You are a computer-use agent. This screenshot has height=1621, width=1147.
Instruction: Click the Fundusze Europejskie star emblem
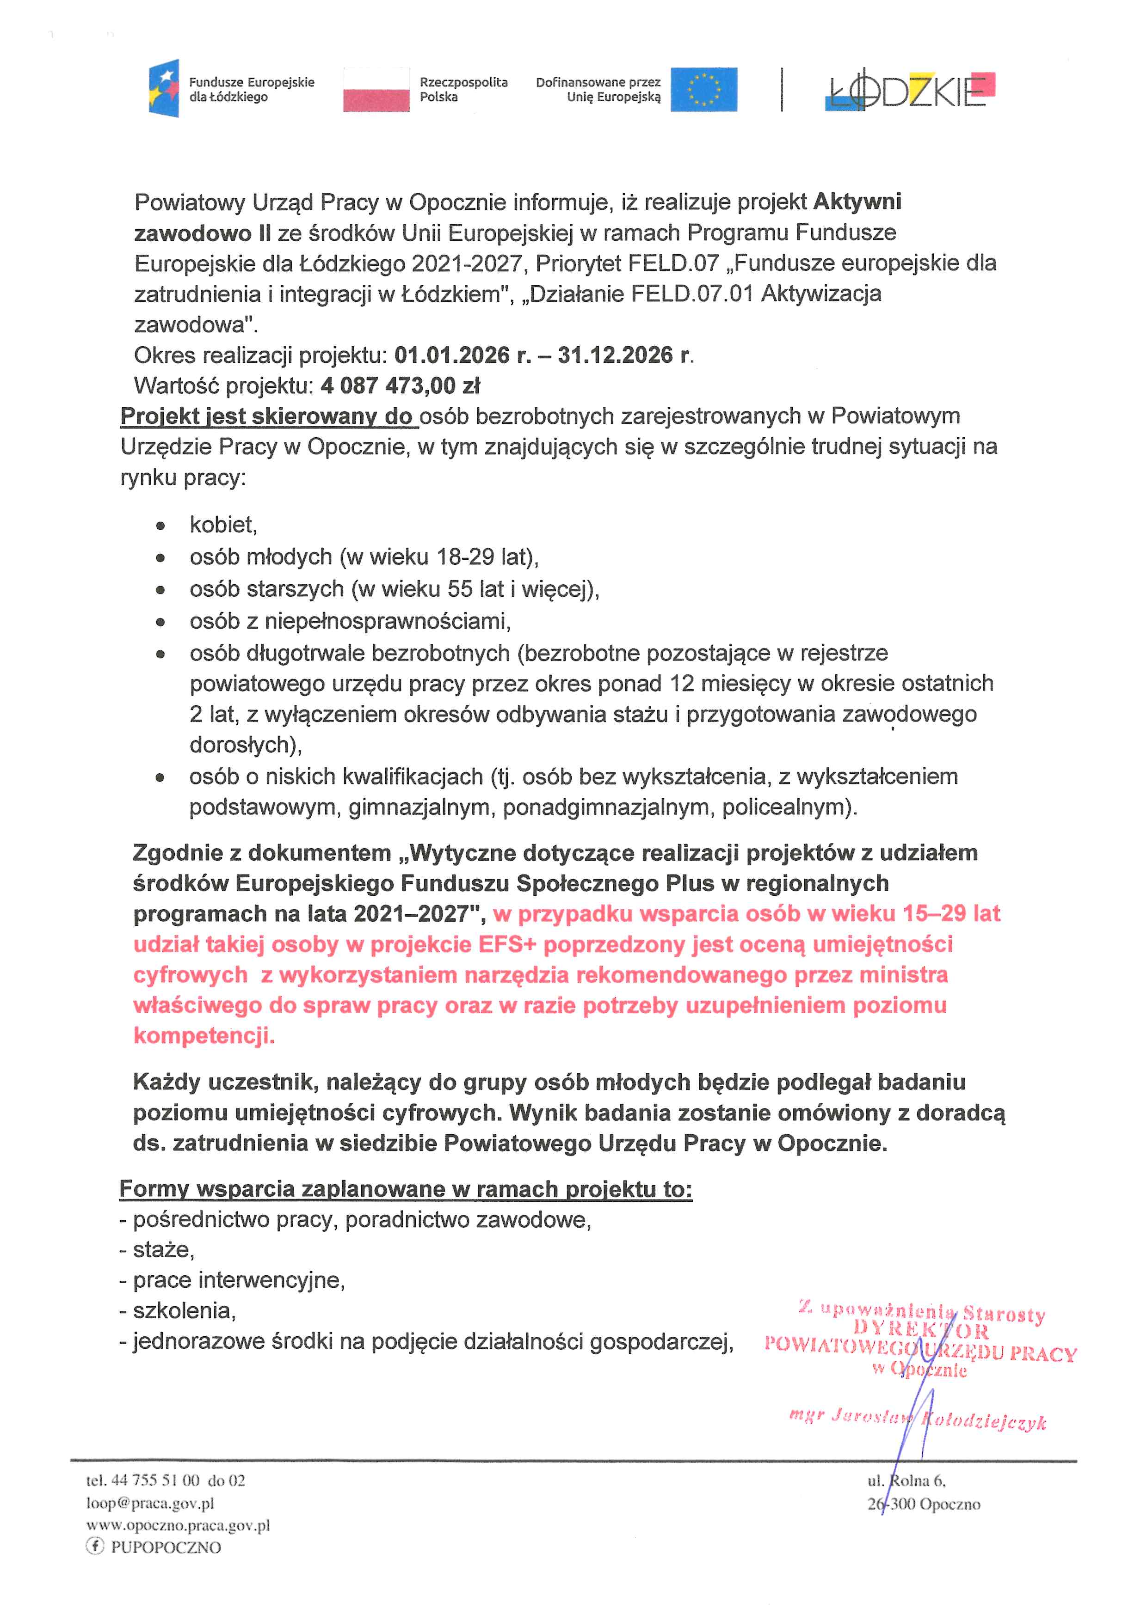[x=164, y=88]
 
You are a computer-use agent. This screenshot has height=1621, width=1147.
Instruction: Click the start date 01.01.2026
[x=452, y=355]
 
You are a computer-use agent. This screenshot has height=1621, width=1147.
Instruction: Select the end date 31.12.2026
[x=615, y=355]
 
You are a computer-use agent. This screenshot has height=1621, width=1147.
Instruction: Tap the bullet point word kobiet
[x=222, y=525]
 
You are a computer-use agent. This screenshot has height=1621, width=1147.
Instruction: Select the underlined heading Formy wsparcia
[x=406, y=1189]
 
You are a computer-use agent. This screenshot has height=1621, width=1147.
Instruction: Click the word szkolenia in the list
[x=184, y=1311]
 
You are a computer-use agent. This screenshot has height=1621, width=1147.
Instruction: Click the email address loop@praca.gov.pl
[x=150, y=1503]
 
